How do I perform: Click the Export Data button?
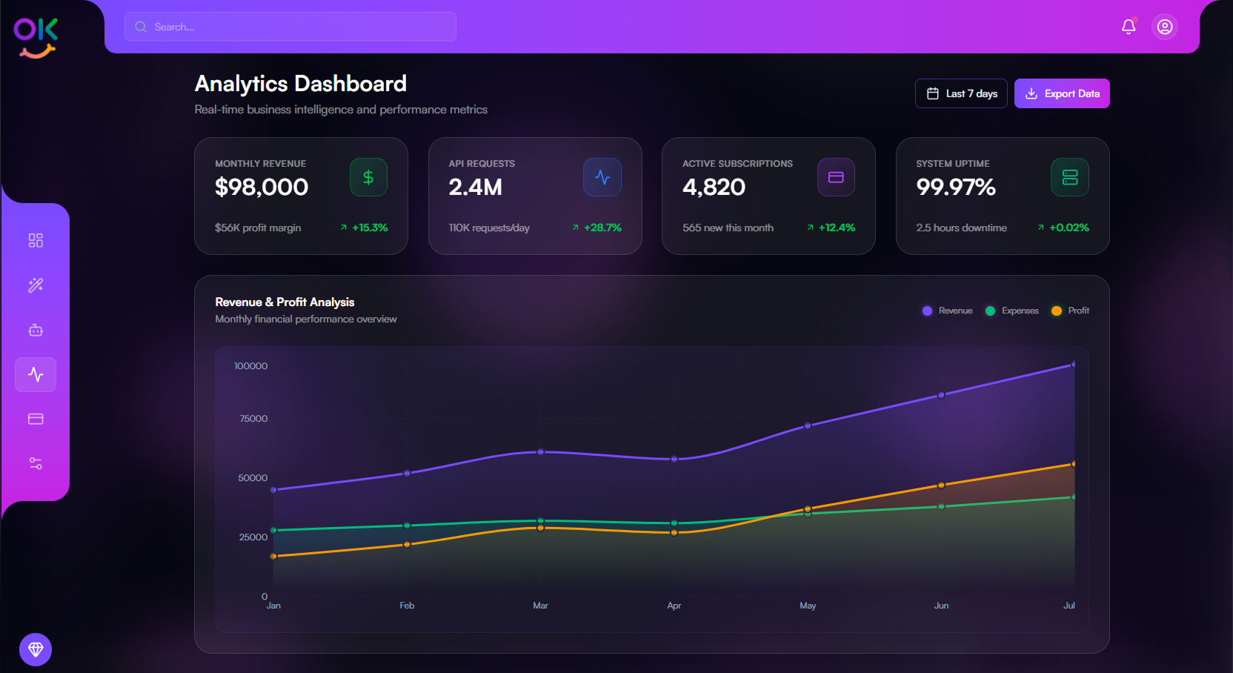[x=1061, y=93]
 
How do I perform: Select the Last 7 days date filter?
[x=960, y=93]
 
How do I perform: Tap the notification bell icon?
[x=1129, y=27]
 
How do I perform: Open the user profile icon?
[x=1165, y=27]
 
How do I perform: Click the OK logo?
[x=36, y=37]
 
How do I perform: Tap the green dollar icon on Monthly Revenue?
[x=368, y=178]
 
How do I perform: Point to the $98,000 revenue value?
[x=262, y=187]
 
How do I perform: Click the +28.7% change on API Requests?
[x=602, y=228]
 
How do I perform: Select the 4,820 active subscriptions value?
[x=714, y=187]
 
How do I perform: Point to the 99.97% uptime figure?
[x=956, y=187]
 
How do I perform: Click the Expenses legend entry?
[x=1012, y=311]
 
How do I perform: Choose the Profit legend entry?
[x=1071, y=311]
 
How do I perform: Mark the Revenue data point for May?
[x=808, y=426]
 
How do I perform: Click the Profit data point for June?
[x=941, y=485]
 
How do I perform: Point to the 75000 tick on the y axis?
[x=253, y=419]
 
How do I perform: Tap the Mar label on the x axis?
[x=540, y=606]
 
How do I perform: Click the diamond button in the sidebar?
[x=36, y=649]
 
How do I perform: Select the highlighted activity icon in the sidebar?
[x=36, y=374]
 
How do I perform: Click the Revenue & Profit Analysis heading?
[x=285, y=302]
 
